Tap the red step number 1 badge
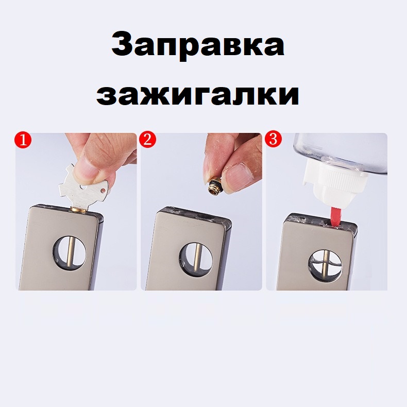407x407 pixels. [x=23, y=141]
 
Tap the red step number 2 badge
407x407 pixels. [x=147, y=140]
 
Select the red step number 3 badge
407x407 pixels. [x=273, y=139]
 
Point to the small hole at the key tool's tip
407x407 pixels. [x=104, y=191]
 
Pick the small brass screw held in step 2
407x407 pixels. [x=214, y=184]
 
